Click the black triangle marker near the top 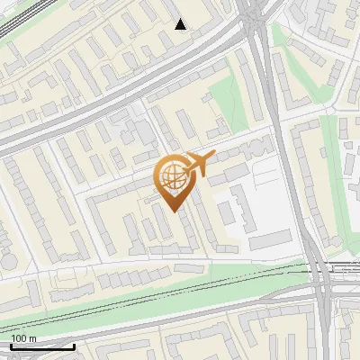pos(181,23)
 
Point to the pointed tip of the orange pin pos(173,210)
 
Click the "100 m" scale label pos(23,338)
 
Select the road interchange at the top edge pos(254,11)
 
